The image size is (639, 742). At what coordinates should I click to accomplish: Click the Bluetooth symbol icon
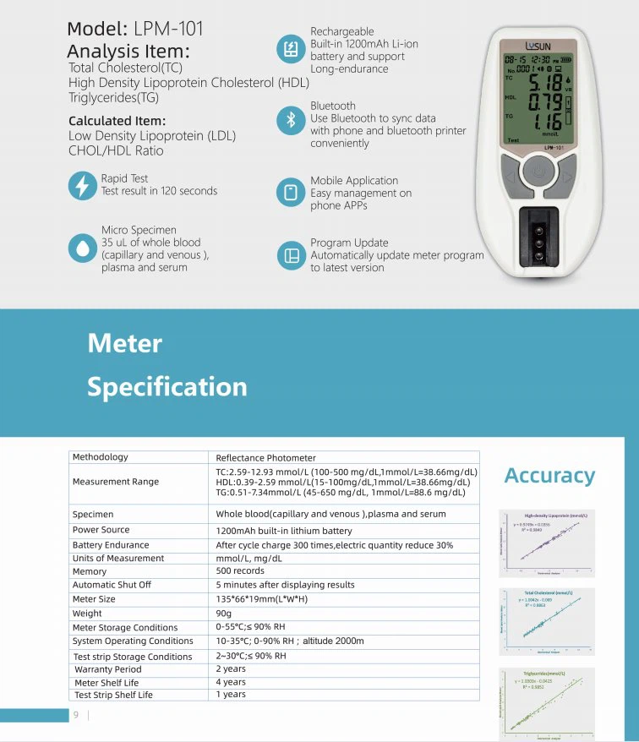click(x=291, y=120)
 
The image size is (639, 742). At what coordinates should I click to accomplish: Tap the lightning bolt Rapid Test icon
click(x=82, y=185)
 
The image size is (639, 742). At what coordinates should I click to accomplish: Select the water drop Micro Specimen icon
click(x=82, y=248)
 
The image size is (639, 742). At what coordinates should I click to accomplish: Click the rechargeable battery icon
click(x=291, y=50)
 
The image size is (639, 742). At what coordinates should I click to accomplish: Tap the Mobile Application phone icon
click(x=291, y=193)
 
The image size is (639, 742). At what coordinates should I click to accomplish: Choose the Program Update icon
click(x=291, y=255)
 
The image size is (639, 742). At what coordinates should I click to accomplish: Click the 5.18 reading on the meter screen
click(x=545, y=84)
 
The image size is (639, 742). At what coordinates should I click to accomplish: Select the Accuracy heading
click(x=549, y=476)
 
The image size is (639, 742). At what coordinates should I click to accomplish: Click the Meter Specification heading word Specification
click(x=167, y=386)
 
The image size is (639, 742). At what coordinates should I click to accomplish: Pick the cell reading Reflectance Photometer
click(x=265, y=457)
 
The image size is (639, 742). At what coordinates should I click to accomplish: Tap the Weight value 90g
click(x=225, y=614)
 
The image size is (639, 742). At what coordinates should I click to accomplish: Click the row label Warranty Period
click(x=107, y=669)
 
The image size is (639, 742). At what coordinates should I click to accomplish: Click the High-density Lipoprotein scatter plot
click(x=547, y=543)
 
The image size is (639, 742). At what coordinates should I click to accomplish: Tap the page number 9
click(x=76, y=715)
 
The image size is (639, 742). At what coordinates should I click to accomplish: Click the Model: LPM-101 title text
click(x=135, y=29)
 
